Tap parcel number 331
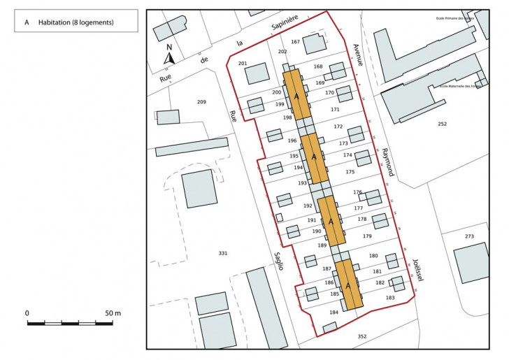click(222, 253)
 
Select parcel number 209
click(201, 103)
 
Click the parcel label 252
click(442, 124)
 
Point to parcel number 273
click(469, 236)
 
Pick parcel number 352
click(361, 337)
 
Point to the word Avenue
click(359, 55)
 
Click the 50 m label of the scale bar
click(113, 312)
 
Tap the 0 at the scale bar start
click(27, 312)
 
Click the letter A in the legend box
click(27, 22)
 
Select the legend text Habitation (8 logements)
click(76, 22)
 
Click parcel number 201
click(243, 64)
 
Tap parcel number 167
click(296, 42)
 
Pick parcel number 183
click(390, 298)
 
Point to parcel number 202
click(282, 52)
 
